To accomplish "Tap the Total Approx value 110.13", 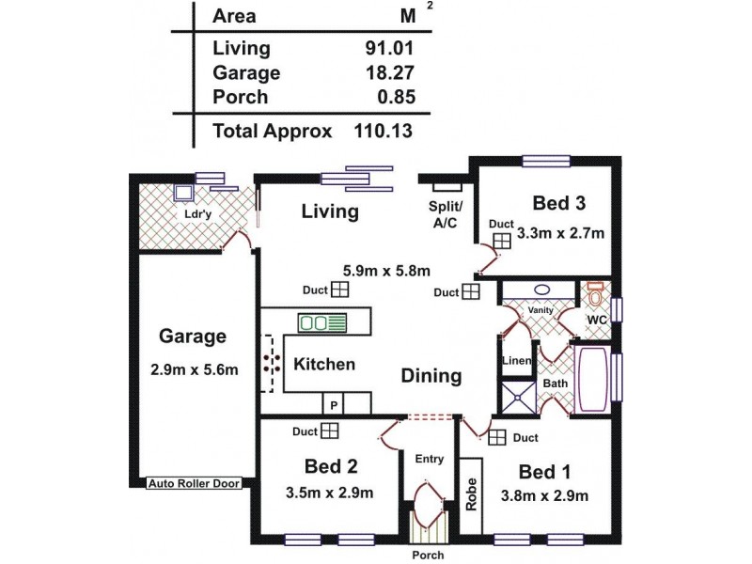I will pyautogui.click(x=384, y=131).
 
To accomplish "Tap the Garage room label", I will pyautogui.click(x=192, y=336).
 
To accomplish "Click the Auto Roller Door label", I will pyautogui.click(x=194, y=483).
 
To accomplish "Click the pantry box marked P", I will pyautogui.click(x=333, y=404).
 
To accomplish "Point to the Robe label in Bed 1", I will pyautogui.click(x=471, y=496).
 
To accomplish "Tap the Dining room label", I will pyautogui.click(x=431, y=376).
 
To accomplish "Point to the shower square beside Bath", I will pyautogui.click(x=516, y=398).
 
